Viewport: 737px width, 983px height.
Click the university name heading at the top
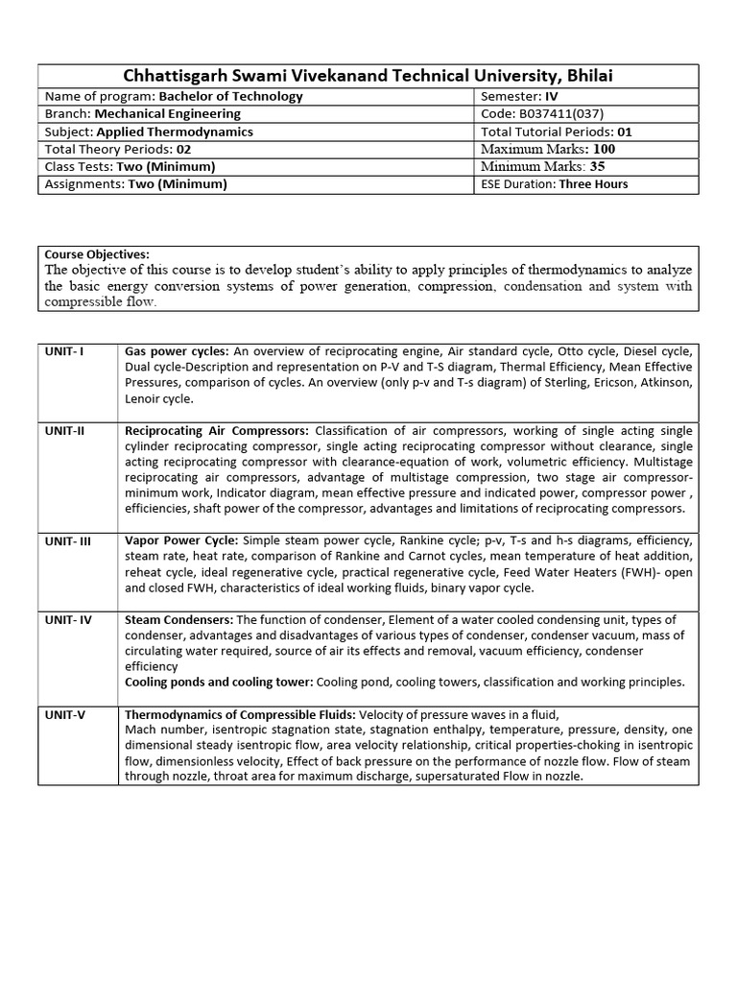tap(368, 76)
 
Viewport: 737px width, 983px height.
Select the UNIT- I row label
tap(64, 351)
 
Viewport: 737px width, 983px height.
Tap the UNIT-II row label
tap(65, 430)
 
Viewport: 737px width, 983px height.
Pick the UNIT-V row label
tap(64, 714)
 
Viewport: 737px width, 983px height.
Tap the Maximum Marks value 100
tap(604, 149)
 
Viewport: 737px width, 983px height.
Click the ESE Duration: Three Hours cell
tap(555, 183)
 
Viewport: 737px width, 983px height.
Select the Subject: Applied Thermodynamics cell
tap(149, 132)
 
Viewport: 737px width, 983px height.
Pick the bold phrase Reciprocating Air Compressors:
tap(218, 430)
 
